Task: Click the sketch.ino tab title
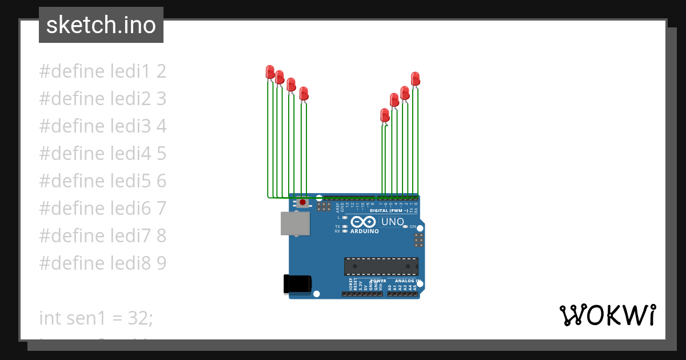pyautogui.click(x=101, y=25)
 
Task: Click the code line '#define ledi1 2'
pyautogui.click(x=102, y=71)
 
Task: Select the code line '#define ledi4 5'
pyautogui.click(x=102, y=154)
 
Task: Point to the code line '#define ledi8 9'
pyautogui.click(x=102, y=263)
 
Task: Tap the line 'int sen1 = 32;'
pyautogui.click(x=96, y=318)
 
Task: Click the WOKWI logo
pyautogui.click(x=607, y=315)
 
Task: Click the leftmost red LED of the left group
pyautogui.click(x=270, y=71)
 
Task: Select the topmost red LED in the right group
pyautogui.click(x=416, y=78)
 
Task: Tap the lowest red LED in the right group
pyautogui.click(x=385, y=114)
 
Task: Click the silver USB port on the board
pyautogui.click(x=295, y=223)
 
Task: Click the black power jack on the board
pyautogui.click(x=297, y=284)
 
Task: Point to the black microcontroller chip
pyautogui.click(x=381, y=266)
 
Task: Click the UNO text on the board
pyautogui.click(x=393, y=222)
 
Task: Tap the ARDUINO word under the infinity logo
pyautogui.click(x=364, y=231)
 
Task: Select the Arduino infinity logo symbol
pyautogui.click(x=364, y=222)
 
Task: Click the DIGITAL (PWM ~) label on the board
pyautogui.click(x=388, y=211)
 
